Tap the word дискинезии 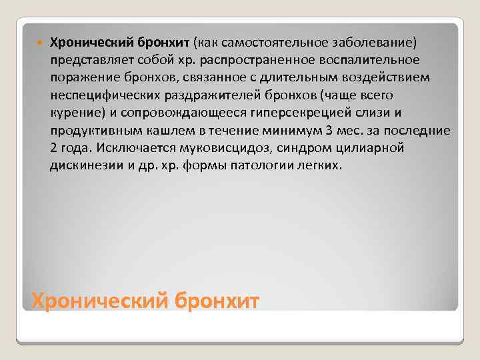click(84, 165)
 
